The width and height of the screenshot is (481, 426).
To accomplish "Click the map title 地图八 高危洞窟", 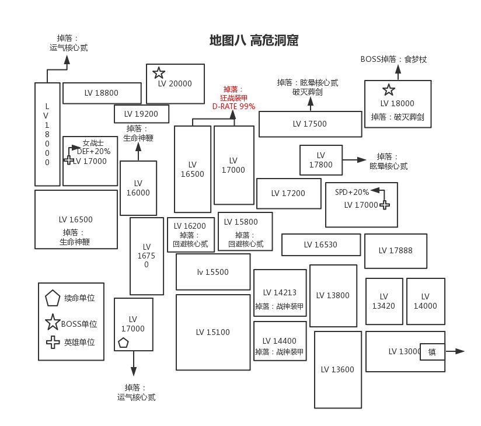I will coord(254,41).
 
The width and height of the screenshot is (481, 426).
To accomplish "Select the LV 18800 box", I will coord(102,93).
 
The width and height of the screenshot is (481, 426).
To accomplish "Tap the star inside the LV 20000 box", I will coord(159,73).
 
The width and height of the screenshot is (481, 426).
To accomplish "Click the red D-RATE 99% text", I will coord(233,107).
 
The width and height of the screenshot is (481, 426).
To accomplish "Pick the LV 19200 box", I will coord(141,114).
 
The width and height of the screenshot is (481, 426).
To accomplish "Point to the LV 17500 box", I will coord(310,124).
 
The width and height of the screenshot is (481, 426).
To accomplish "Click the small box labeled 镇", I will coord(432,352).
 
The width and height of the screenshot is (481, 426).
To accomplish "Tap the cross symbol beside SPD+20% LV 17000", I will coord(384,205).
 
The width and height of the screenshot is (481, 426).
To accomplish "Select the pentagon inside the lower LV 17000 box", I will coord(123,343).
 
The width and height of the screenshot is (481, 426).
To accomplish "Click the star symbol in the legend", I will coord(53,322).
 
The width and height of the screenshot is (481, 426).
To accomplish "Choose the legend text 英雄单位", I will coord(79,343).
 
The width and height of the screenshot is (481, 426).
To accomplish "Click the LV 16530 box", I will coord(320,245).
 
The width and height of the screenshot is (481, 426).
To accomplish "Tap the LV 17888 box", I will coord(395,251).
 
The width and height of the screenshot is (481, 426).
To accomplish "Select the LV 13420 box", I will coord(384,301).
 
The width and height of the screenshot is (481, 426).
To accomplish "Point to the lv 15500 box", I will coord(212,272).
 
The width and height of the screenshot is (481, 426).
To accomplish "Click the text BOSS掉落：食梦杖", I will coord(393,59).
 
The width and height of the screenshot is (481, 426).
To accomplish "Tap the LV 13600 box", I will coord(337,369).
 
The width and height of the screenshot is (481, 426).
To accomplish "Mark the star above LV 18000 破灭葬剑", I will coord(389,90).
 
